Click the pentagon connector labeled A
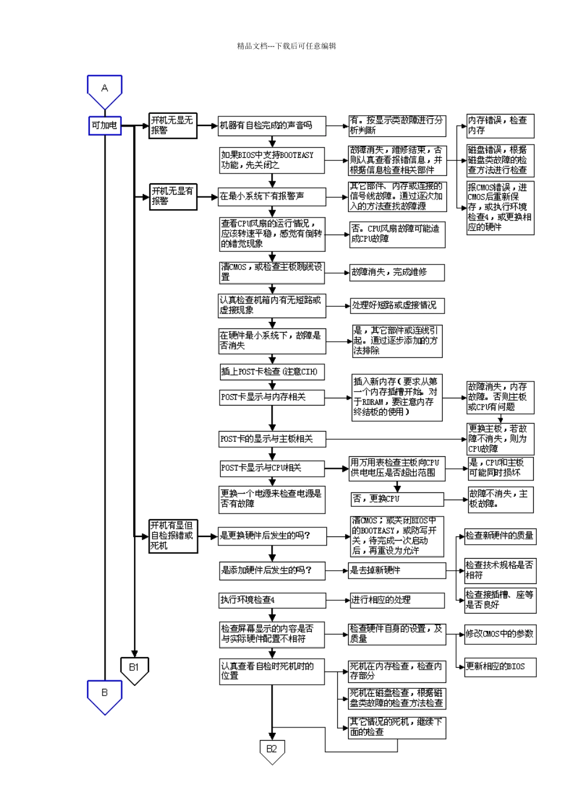click(x=104, y=90)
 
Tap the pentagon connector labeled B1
click(x=134, y=669)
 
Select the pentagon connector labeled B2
click(x=272, y=750)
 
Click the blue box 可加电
click(x=104, y=125)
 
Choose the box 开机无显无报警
click(x=173, y=125)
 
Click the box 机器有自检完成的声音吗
click(x=272, y=125)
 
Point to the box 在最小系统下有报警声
click(x=272, y=196)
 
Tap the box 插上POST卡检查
click(x=272, y=372)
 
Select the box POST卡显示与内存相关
click(x=272, y=397)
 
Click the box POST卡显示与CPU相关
click(x=272, y=468)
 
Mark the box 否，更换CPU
click(x=397, y=499)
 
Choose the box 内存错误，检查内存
click(x=501, y=125)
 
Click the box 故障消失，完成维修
click(x=397, y=272)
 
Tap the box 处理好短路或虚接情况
click(x=397, y=306)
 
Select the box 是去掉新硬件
click(x=397, y=570)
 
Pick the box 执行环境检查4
click(x=272, y=600)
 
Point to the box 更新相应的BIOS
click(x=500, y=667)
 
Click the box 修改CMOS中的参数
click(x=500, y=634)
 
